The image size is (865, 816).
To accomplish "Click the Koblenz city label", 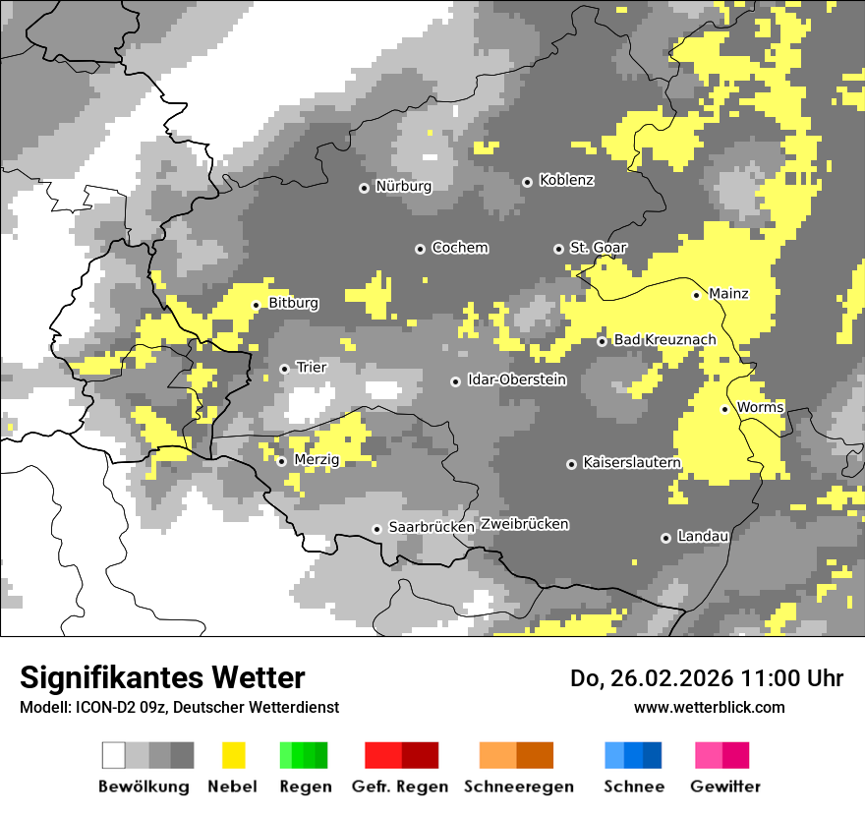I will [566, 181].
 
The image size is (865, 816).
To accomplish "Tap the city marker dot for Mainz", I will [697, 295].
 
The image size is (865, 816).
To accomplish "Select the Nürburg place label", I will [403, 186].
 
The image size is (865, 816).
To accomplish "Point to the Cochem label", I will [459, 248].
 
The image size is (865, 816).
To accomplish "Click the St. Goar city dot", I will [558, 249].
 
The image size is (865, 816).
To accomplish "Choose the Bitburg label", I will [293, 304].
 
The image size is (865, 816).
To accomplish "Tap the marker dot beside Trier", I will [284, 369].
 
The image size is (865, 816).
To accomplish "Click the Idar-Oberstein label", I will [516, 379].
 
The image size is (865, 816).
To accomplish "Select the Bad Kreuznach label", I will [664, 340].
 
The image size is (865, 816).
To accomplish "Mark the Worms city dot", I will [725, 409].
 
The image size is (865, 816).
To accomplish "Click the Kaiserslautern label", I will [631, 462].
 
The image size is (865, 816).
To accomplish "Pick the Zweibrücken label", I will [524, 524].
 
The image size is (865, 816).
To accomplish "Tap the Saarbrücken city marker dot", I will [376, 529].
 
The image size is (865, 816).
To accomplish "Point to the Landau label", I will [703, 537].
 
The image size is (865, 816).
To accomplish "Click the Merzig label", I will [317, 460].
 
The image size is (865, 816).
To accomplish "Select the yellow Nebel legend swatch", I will [233, 755].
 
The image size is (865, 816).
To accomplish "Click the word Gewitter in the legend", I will [724, 787].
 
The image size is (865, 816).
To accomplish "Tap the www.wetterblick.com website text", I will [709, 707].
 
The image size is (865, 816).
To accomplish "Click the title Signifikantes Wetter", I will [162, 677].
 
